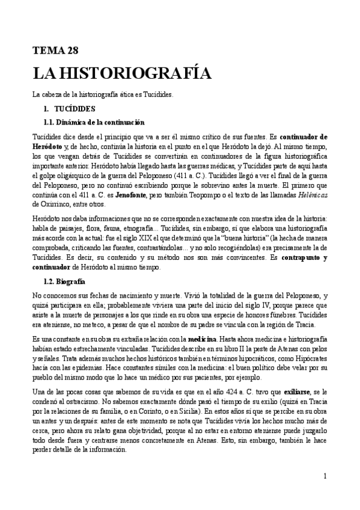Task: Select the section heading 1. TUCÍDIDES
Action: [x=66, y=109]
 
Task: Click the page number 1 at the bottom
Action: [x=325, y=477]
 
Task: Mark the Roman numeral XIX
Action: [x=168, y=236]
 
